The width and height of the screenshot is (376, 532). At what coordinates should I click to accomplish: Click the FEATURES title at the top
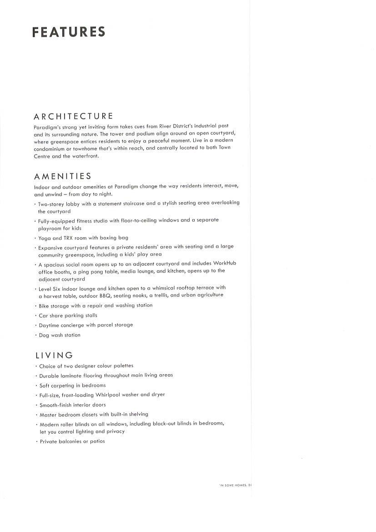[69, 32]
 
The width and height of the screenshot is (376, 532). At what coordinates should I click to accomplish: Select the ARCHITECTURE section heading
[73, 117]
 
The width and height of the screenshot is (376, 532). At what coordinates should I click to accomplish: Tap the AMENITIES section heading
[63, 176]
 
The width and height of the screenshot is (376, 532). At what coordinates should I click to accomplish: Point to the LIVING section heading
[53, 355]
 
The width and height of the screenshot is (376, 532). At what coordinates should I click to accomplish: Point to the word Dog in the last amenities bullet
[44, 335]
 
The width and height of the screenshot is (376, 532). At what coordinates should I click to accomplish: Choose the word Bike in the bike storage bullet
[44, 305]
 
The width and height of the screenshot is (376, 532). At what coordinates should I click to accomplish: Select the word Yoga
[45, 238]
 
